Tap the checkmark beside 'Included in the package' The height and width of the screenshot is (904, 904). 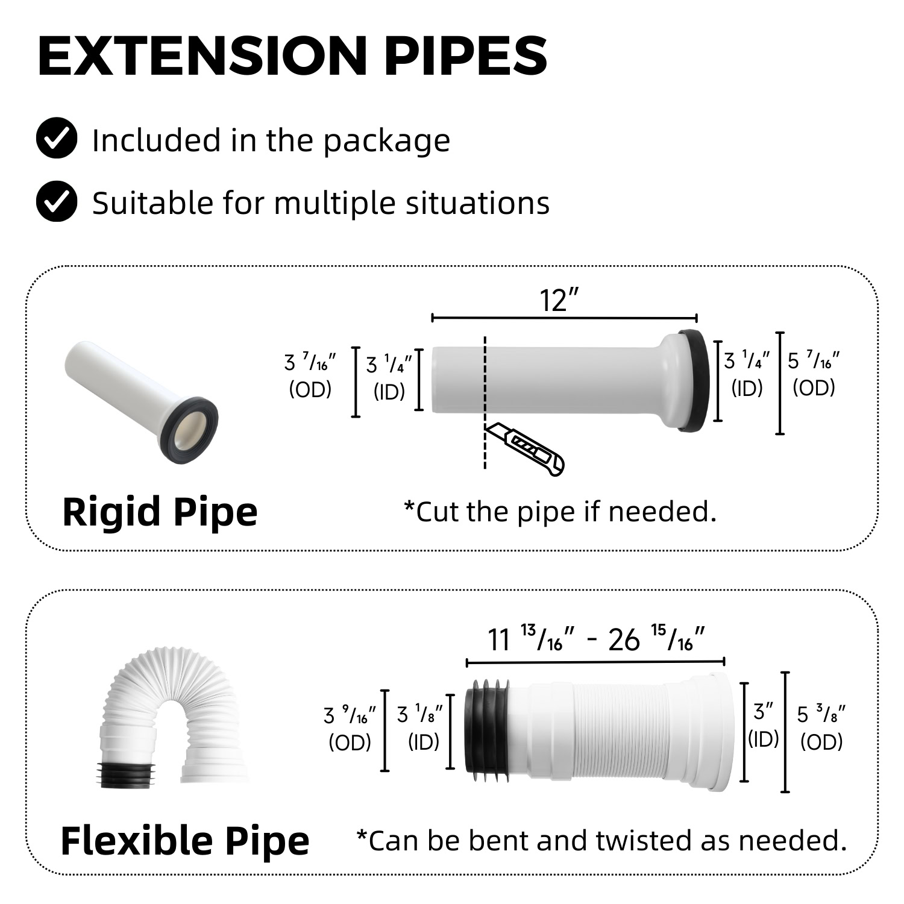click(x=57, y=139)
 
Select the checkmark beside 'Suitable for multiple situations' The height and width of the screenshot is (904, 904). click(x=57, y=201)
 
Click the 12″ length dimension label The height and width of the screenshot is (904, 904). click(x=559, y=300)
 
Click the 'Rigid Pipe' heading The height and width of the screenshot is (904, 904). click(x=160, y=512)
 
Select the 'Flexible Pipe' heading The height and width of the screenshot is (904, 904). click(x=185, y=841)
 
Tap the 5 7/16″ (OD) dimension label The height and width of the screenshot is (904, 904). click(x=814, y=374)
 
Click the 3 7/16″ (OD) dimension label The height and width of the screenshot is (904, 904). click(x=310, y=376)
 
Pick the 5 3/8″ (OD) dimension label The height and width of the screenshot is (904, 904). click(x=821, y=728)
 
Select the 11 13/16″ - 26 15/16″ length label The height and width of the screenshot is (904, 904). click(x=596, y=639)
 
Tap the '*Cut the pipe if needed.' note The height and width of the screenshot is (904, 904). click(x=560, y=512)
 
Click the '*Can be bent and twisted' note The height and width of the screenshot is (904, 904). click(x=601, y=841)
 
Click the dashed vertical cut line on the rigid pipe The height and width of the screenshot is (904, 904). click(x=485, y=402)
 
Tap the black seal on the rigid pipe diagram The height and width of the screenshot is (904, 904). click(x=694, y=380)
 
